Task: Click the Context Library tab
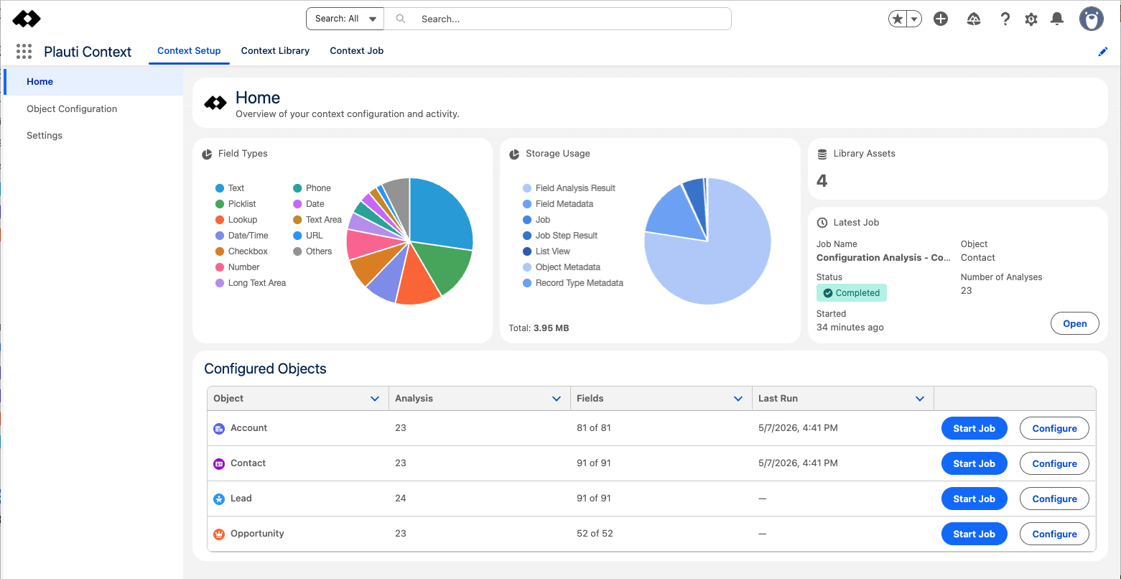pos(275,50)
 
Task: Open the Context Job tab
pos(356,50)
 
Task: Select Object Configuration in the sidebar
pos(72,108)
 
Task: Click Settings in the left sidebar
pos(45,135)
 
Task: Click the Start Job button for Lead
pos(974,499)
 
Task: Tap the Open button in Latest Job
pos(1074,323)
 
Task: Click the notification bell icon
pos(1057,19)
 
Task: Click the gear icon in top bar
pos(1031,19)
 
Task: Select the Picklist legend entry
pos(236,204)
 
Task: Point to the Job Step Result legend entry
pos(560,235)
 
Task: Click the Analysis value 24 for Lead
pos(401,499)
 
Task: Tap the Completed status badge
pos(851,293)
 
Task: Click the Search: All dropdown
pos(345,19)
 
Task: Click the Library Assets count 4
pos(822,180)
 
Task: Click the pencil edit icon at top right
pos(1103,52)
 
